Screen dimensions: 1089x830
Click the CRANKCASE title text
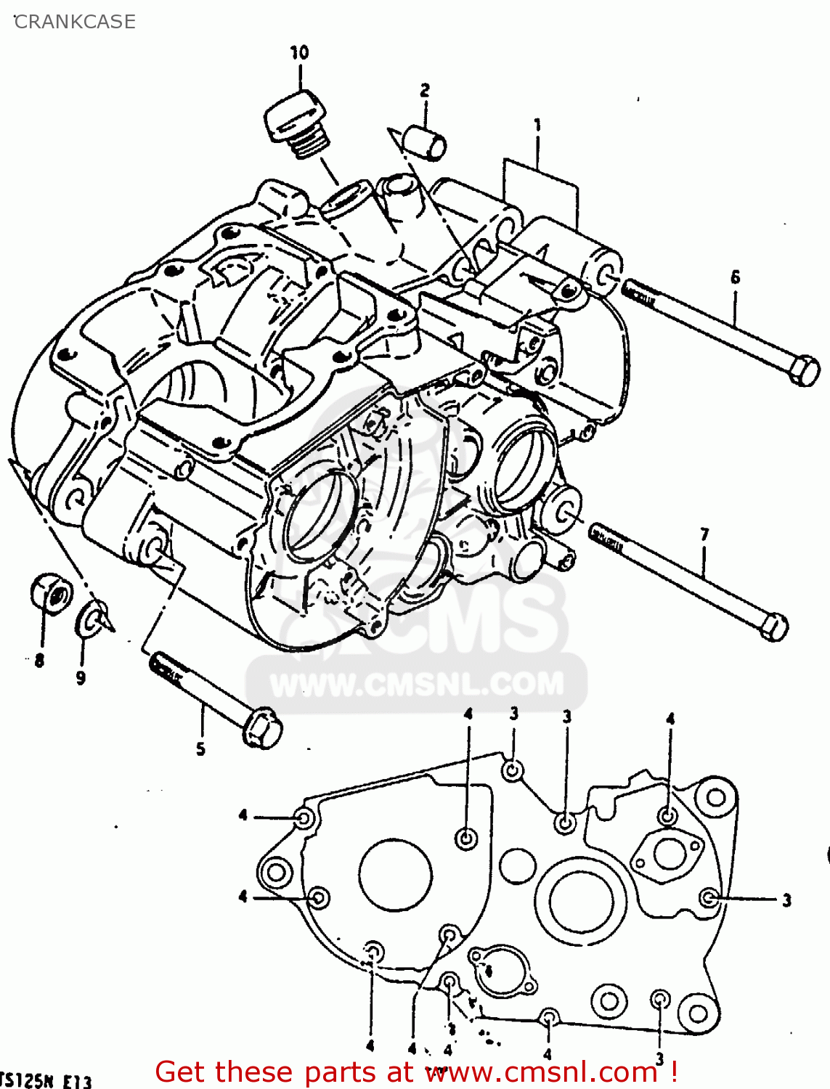click(x=75, y=22)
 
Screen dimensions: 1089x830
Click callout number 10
click(x=299, y=52)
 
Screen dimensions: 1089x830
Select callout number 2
click(x=425, y=90)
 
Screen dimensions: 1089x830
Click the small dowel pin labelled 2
click(x=426, y=142)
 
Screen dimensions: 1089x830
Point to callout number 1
click(x=537, y=126)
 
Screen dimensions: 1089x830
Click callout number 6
click(x=736, y=277)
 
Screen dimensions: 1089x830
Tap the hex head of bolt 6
click(x=802, y=371)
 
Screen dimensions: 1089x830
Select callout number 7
click(x=704, y=535)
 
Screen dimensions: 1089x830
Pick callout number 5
click(x=201, y=749)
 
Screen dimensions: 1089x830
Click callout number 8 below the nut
click(x=39, y=661)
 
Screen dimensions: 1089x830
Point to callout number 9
click(x=81, y=678)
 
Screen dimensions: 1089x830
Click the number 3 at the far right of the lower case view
click(x=786, y=901)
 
